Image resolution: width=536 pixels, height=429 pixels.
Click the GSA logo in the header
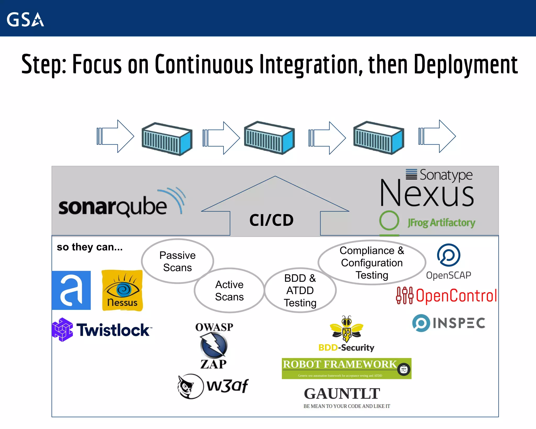25,19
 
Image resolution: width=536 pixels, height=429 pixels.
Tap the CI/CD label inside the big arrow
271,220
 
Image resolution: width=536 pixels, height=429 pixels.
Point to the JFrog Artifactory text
441,223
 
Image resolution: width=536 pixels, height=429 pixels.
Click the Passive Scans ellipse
177,261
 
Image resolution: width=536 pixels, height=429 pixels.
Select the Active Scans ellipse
229,290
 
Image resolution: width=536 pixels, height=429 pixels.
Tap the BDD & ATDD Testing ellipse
300,290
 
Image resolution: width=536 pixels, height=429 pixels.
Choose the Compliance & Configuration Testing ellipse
372,262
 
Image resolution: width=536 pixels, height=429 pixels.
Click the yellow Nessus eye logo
122,290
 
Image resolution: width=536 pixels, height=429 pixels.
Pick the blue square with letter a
71,290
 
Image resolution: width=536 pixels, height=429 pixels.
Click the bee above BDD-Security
347,329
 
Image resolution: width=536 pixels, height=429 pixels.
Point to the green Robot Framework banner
346,368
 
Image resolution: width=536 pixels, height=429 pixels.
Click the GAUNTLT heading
342,394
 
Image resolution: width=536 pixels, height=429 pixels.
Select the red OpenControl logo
446,296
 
